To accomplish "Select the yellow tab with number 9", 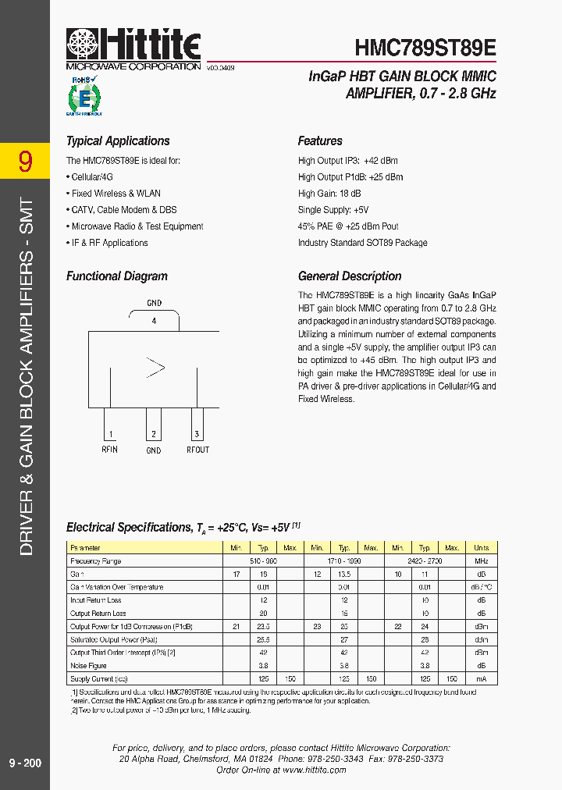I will pyautogui.click(x=25, y=162).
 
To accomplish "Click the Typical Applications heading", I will pyautogui.click(x=118, y=141).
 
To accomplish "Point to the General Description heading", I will pyautogui.click(x=350, y=276).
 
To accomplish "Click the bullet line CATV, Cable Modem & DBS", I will pyautogui.click(x=121, y=210).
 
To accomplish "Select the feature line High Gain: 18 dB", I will pyautogui.click(x=329, y=194).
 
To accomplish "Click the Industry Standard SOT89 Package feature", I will pyautogui.click(x=362, y=243).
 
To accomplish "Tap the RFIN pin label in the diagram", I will pyautogui.click(x=109, y=450).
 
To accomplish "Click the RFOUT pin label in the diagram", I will pyautogui.click(x=197, y=450).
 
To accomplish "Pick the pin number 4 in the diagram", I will pyautogui.click(x=154, y=321).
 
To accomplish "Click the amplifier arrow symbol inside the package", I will pyautogui.click(x=155, y=368).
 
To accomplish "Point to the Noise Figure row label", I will pyautogui.click(x=88, y=666).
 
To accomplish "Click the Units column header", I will pyautogui.click(x=482, y=548).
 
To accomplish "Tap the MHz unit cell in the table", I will pyautogui.click(x=482, y=561).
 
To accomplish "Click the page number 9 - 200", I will pyautogui.click(x=24, y=763).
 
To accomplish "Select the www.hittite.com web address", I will pyautogui.click(x=315, y=770).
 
